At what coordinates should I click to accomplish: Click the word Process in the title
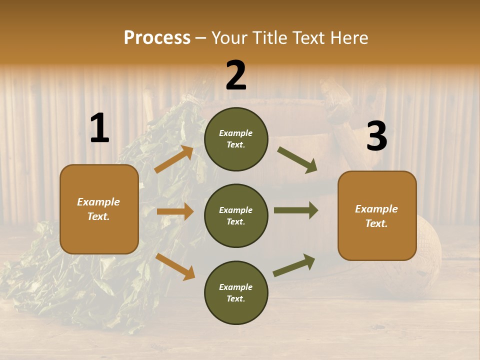tap(157, 38)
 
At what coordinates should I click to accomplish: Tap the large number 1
tap(99, 128)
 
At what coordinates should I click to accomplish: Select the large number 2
tap(236, 75)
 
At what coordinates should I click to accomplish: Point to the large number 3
tap(376, 136)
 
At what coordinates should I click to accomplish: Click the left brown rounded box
tap(99, 209)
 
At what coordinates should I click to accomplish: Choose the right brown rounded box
tap(377, 216)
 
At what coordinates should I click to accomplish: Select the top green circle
tap(236, 139)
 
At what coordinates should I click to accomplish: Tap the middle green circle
tap(236, 216)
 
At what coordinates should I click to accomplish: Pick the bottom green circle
tap(236, 293)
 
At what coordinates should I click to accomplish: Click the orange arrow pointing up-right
tap(174, 159)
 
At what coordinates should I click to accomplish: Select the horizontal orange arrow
tap(175, 211)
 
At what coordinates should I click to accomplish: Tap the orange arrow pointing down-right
tap(175, 266)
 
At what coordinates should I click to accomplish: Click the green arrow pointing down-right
tap(297, 160)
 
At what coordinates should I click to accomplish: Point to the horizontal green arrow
tap(296, 210)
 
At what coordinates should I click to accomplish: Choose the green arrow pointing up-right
tap(294, 265)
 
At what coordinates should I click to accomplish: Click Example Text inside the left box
tap(98, 209)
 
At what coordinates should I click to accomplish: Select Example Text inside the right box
tap(376, 216)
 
